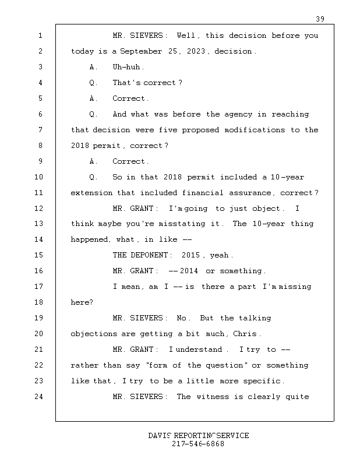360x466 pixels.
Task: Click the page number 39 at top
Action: (x=320, y=19)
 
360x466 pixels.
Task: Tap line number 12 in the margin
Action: (x=40, y=209)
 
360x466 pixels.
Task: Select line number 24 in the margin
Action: (x=40, y=397)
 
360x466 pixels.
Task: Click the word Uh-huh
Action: (x=128, y=67)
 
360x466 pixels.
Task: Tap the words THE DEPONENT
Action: (x=142, y=256)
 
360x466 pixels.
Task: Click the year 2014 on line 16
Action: (x=190, y=271)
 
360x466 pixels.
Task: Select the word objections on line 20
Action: (x=91, y=334)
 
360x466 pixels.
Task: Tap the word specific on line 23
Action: (x=262, y=382)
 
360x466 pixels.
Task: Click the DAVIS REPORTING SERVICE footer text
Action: (x=198, y=436)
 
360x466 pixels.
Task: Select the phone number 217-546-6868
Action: (x=198, y=444)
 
